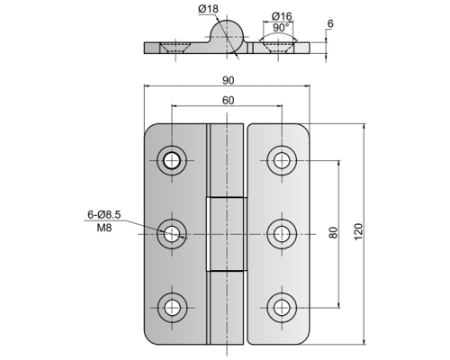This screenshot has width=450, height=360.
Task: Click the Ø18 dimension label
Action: click(x=208, y=9)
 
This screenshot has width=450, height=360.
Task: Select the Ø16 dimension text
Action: click(x=282, y=16)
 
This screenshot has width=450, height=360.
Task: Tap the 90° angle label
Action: click(x=281, y=28)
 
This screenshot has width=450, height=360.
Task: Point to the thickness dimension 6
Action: click(x=330, y=23)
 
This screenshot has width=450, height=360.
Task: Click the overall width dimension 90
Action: click(x=228, y=80)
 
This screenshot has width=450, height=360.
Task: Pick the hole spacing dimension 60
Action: click(x=228, y=101)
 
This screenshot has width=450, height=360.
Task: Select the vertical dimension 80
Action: click(x=333, y=232)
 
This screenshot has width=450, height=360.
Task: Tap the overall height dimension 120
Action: click(x=358, y=231)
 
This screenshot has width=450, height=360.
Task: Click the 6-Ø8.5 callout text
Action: click(x=103, y=214)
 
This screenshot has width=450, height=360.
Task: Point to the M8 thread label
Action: click(x=104, y=228)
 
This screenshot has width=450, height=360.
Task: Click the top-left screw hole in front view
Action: click(x=172, y=160)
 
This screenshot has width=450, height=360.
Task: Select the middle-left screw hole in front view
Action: click(x=172, y=234)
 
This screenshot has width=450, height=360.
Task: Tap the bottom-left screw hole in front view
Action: click(x=172, y=308)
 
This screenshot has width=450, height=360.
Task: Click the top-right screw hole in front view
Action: click(x=282, y=160)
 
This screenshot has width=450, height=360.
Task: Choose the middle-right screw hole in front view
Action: click(x=282, y=234)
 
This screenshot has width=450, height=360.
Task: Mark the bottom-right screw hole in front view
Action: click(x=282, y=308)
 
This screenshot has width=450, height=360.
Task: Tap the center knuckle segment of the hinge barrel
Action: click(x=227, y=234)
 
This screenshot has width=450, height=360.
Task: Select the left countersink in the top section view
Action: click(x=175, y=48)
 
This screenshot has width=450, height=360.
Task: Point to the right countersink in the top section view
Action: click(x=278, y=48)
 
